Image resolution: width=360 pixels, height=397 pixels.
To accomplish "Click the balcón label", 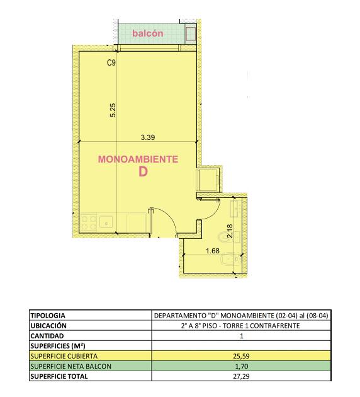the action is (x=148, y=33).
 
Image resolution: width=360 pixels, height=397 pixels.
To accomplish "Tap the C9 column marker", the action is (x=111, y=62).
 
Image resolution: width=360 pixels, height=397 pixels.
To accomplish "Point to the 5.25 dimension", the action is (x=113, y=110).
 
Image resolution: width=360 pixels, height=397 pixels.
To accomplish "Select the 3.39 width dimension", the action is (x=148, y=137).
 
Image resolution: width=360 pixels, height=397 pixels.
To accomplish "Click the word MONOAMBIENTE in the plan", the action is (x=138, y=159).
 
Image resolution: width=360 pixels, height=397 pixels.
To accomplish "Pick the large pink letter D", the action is (x=143, y=172).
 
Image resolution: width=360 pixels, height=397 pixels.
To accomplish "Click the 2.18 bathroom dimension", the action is (x=230, y=231).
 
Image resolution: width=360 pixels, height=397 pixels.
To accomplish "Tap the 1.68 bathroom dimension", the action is (x=213, y=251).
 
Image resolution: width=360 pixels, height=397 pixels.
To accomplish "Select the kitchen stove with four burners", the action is (x=89, y=222).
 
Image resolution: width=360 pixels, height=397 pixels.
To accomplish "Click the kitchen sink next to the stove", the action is (x=106, y=222).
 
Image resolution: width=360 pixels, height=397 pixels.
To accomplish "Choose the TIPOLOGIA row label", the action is (x=48, y=316).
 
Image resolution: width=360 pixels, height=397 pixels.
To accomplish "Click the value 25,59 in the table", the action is (x=241, y=356).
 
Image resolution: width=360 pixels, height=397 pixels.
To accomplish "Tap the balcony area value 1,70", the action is (x=242, y=366).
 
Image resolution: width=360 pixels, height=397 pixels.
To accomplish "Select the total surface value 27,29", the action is (x=241, y=376).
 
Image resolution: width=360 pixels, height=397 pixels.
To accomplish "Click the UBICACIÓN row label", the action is (x=48, y=326).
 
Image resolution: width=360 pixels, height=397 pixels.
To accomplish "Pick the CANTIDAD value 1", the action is (x=242, y=336).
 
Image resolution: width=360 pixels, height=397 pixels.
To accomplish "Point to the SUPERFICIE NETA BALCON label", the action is (x=70, y=366).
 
